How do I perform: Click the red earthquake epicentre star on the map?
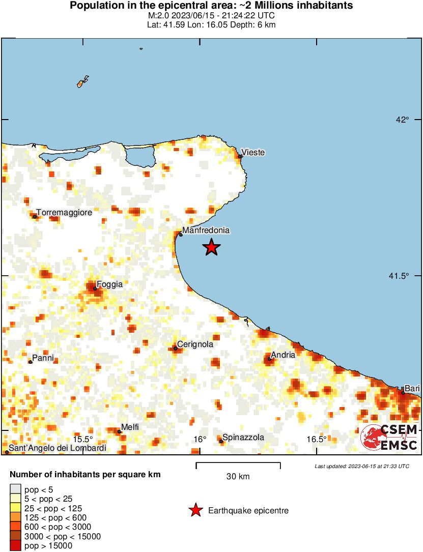click(x=211, y=247)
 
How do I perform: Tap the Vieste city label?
click(x=253, y=153)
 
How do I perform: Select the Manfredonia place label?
click(x=206, y=230)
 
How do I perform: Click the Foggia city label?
click(x=109, y=285)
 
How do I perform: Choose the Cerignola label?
click(x=195, y=344)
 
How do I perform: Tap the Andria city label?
click(x=283, y=355)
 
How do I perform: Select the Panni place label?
click(x=43, y=358)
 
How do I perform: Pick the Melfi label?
click(x=130, y=427)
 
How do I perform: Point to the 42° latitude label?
click(x=403, y=120)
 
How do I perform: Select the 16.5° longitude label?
click(x=316, y=439)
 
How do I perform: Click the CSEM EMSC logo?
click(x=389, y=438)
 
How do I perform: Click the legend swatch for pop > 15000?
click(x=16, y=546)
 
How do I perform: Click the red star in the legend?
click(x=195, y=510)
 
